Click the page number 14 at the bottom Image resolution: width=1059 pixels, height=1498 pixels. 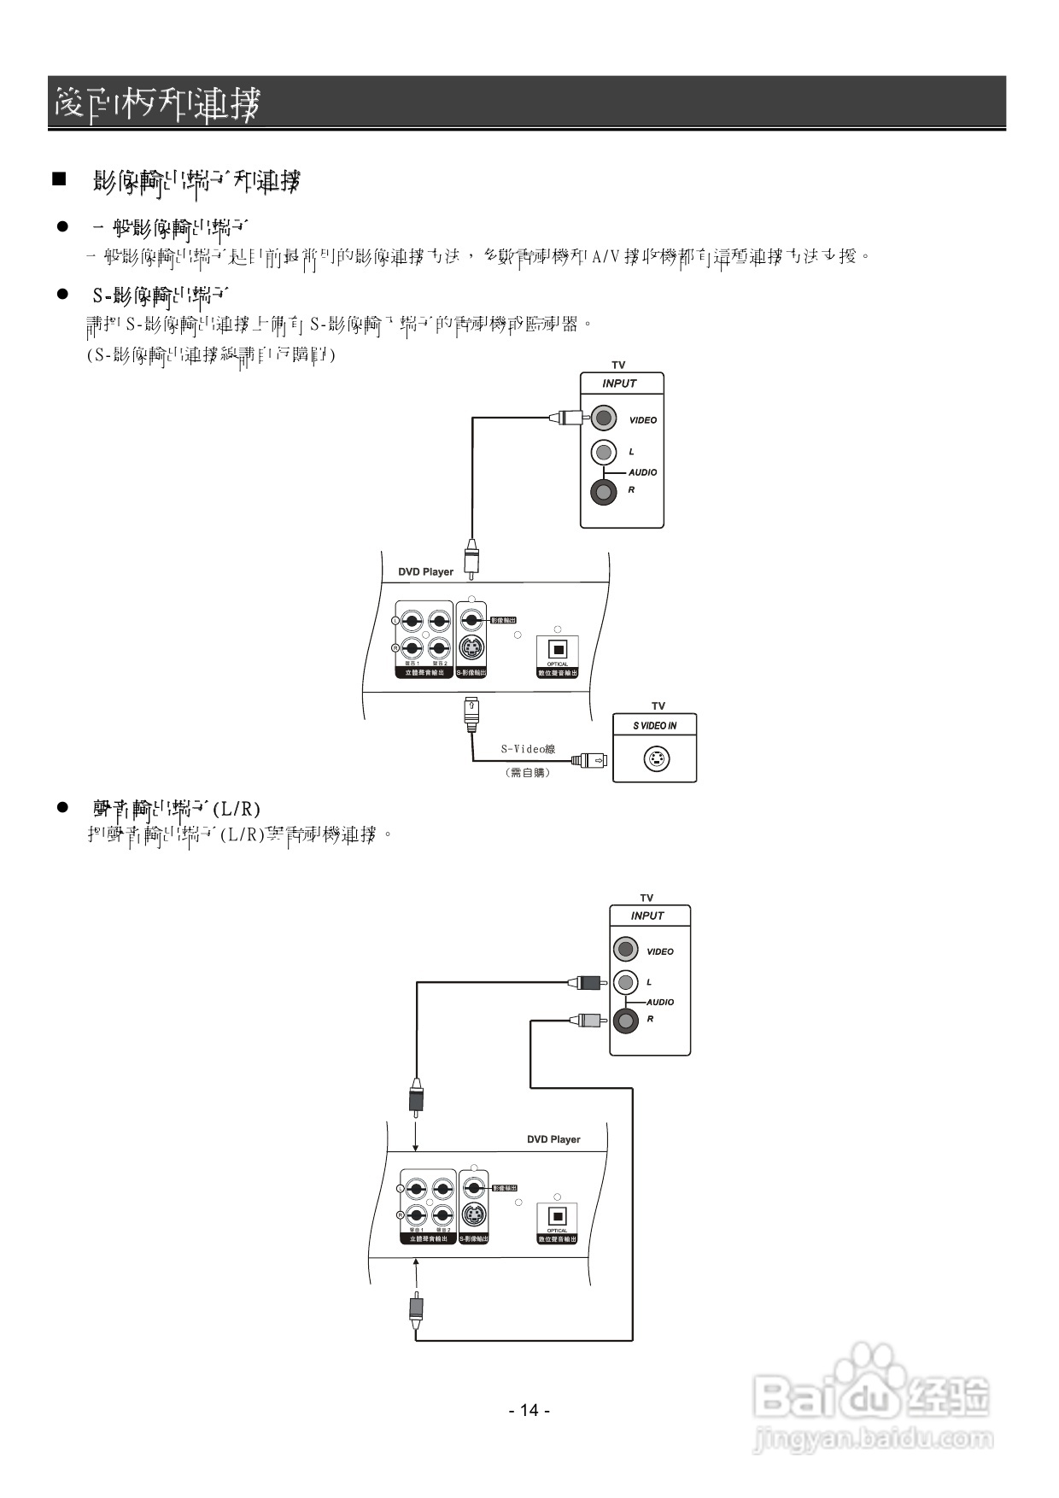[529, 1410]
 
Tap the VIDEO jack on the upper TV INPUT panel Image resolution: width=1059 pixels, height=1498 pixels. [604, 418]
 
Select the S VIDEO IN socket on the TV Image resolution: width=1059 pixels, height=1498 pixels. [656, 758]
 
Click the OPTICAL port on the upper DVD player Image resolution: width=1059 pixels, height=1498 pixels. [558, 650]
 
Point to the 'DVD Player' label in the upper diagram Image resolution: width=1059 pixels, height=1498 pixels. [425, 572]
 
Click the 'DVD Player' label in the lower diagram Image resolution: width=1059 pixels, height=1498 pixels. [553, 1139]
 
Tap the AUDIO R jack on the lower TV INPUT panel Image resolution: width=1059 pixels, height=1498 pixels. [626, 1021]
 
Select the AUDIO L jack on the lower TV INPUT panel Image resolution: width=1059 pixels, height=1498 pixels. [626, 982]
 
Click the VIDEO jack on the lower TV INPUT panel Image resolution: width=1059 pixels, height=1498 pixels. [626, 949]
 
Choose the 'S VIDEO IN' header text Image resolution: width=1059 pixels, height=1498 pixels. [655, 726]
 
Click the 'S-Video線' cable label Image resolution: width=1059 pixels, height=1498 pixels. [528, 749]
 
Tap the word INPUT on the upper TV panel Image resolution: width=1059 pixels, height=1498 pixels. [619, 383]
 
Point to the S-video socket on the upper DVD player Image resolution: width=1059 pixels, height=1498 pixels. [471, 647]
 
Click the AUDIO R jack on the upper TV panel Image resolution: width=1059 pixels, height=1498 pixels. [604, 492]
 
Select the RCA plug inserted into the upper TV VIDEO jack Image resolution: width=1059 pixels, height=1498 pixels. [566, 418]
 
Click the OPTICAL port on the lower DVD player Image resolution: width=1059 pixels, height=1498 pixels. [557, 1216]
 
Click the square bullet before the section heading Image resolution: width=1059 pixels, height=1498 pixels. [59, 179]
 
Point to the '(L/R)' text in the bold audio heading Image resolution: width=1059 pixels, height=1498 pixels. [237, 808]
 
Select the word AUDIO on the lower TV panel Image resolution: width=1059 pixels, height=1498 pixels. [660, 1002]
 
